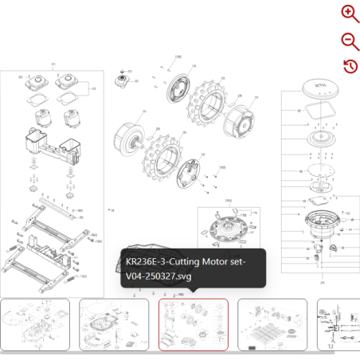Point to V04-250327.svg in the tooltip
(x=158, y=276)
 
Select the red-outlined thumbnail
(x=194, y=324)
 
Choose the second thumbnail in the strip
(x=114, y=324)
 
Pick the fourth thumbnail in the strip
(x=272, y=324)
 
